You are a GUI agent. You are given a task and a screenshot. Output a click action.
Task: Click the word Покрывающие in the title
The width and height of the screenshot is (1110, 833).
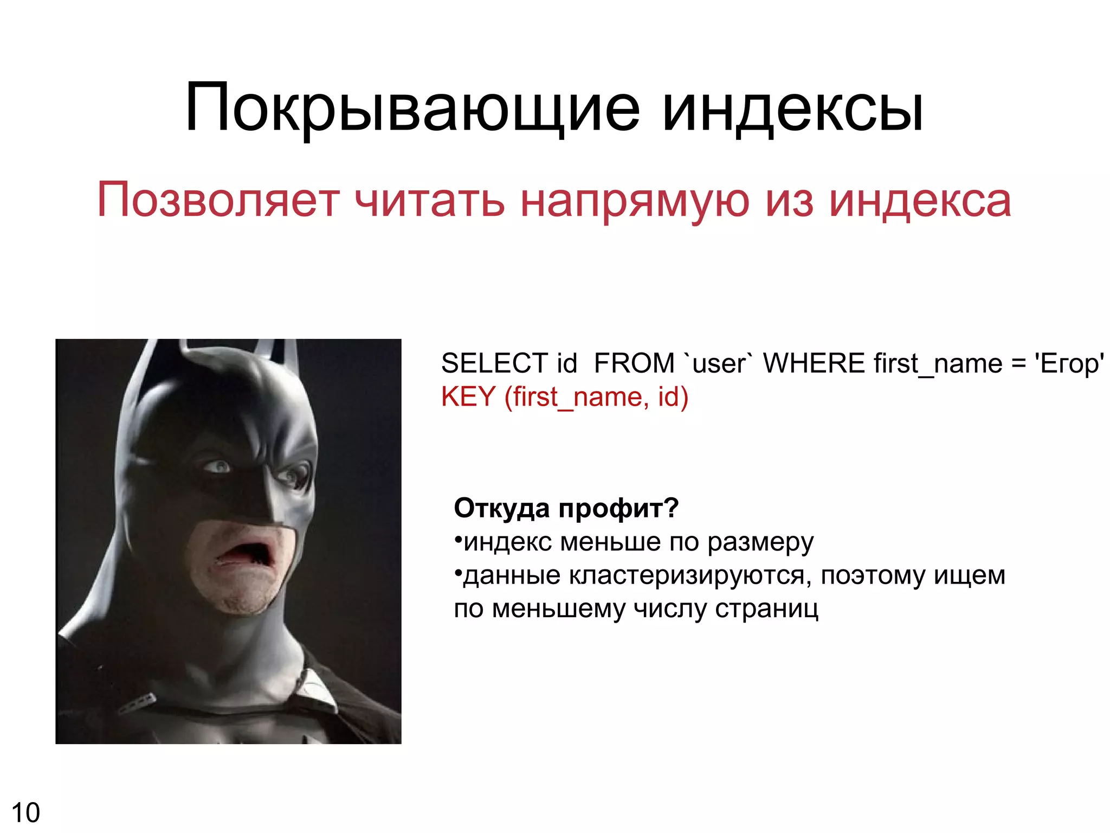[412, 108]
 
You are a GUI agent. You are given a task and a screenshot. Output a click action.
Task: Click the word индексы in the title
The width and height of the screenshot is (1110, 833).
[792, 108]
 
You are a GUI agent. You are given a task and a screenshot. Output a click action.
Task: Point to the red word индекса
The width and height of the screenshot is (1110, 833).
[920, 201]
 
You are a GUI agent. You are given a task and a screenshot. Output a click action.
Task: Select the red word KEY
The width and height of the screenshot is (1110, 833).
[468, 397]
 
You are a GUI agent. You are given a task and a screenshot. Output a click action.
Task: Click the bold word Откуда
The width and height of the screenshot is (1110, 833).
[502, 509]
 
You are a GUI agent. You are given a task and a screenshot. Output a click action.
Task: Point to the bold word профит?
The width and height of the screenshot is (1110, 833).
[618, 509]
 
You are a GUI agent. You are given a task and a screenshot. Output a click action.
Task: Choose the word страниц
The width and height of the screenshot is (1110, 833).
[766, 608]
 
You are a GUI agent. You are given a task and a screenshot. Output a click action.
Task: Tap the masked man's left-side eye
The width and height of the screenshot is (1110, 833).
[218, 466]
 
